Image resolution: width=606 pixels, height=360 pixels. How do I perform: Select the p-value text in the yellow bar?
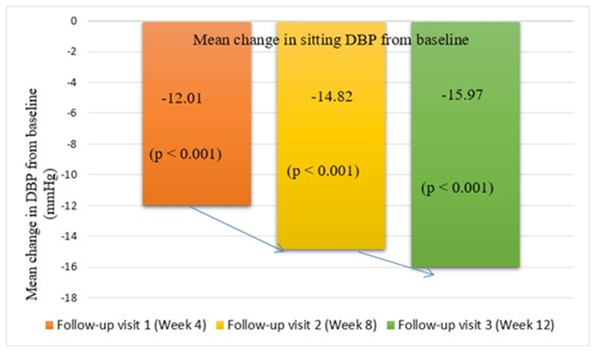point(322,172)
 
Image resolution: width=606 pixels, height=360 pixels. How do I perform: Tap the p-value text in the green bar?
point(457,188)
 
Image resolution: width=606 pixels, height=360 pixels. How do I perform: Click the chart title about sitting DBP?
point(330,40)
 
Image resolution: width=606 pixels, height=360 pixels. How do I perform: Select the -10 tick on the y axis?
point(70,175)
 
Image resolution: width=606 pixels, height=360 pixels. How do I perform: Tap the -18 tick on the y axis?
point(70,298)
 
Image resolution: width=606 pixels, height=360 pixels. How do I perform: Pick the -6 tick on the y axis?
point(72,113)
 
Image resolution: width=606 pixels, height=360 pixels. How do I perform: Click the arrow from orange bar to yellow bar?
point(236,229)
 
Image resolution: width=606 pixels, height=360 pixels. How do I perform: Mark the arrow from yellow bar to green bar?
point(395,263)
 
